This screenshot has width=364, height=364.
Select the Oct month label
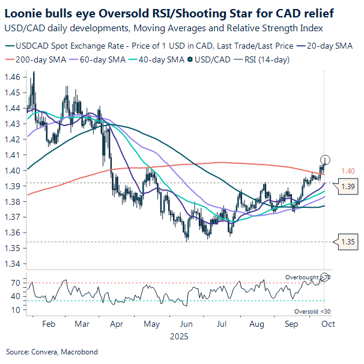click(x=327, y=324)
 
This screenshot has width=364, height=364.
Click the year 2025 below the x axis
click(x=178, y=336)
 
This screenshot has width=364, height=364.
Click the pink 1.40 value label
click(x=348, y=171)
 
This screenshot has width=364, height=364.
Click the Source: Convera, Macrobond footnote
click(x=52, y=351)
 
